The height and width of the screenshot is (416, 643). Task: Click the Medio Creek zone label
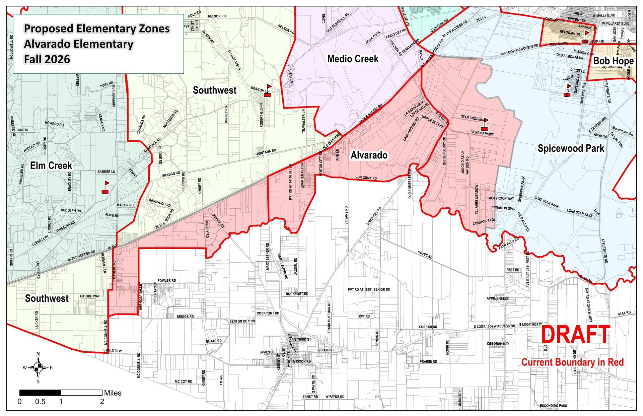[353, 59]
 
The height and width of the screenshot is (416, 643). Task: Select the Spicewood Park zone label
[571, 148]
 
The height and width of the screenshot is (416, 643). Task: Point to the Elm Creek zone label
[51, 165]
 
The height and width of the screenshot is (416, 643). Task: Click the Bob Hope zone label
[613, 61]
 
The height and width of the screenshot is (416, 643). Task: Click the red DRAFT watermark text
[575, 335]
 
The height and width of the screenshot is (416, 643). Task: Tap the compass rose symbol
[38, 368]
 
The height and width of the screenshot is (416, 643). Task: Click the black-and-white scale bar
[61, 393]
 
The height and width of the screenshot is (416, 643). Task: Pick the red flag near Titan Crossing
[485, 124]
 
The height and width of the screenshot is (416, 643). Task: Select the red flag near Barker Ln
[105, 187]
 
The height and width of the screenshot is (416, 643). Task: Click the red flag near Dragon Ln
[267, 91]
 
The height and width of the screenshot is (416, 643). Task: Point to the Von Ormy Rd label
[366, 178]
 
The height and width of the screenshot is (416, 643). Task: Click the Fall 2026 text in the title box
[47, 59]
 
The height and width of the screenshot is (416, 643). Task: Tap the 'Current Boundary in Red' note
[572, 362]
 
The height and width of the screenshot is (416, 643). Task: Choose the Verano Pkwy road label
[482, 133]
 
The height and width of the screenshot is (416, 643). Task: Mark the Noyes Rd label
[425, 255]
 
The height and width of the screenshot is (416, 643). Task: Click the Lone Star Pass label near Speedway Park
[546, 202]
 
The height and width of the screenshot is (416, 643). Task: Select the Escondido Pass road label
[553, 406]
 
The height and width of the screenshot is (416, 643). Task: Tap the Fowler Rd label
[166, 281]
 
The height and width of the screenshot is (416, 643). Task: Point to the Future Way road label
[89, 296]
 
